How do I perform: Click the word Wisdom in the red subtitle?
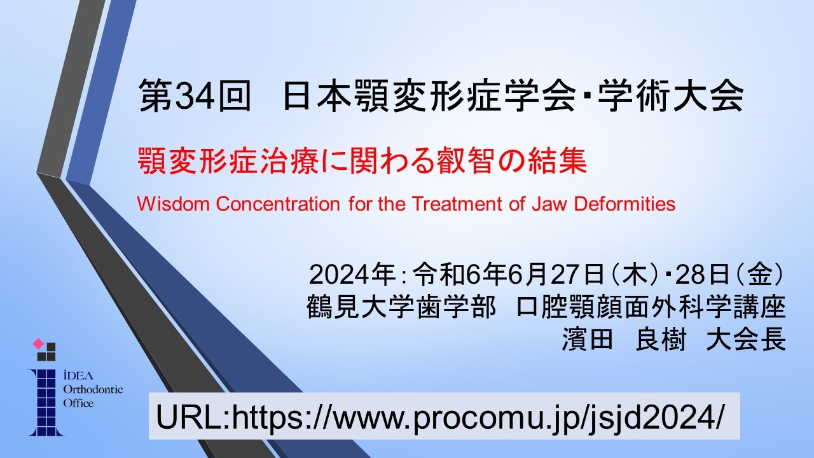[174, 204]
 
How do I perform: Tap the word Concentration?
[278, 204]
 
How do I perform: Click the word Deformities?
[624, 204]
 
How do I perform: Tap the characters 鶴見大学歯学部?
[401, 307]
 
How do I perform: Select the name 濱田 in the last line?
[587, 340]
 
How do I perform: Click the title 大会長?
[746, 340]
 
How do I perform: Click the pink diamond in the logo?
[38, 343]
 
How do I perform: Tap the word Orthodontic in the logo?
[93, 390]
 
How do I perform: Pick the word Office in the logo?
[78, 403]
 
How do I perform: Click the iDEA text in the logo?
[78, 376]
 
